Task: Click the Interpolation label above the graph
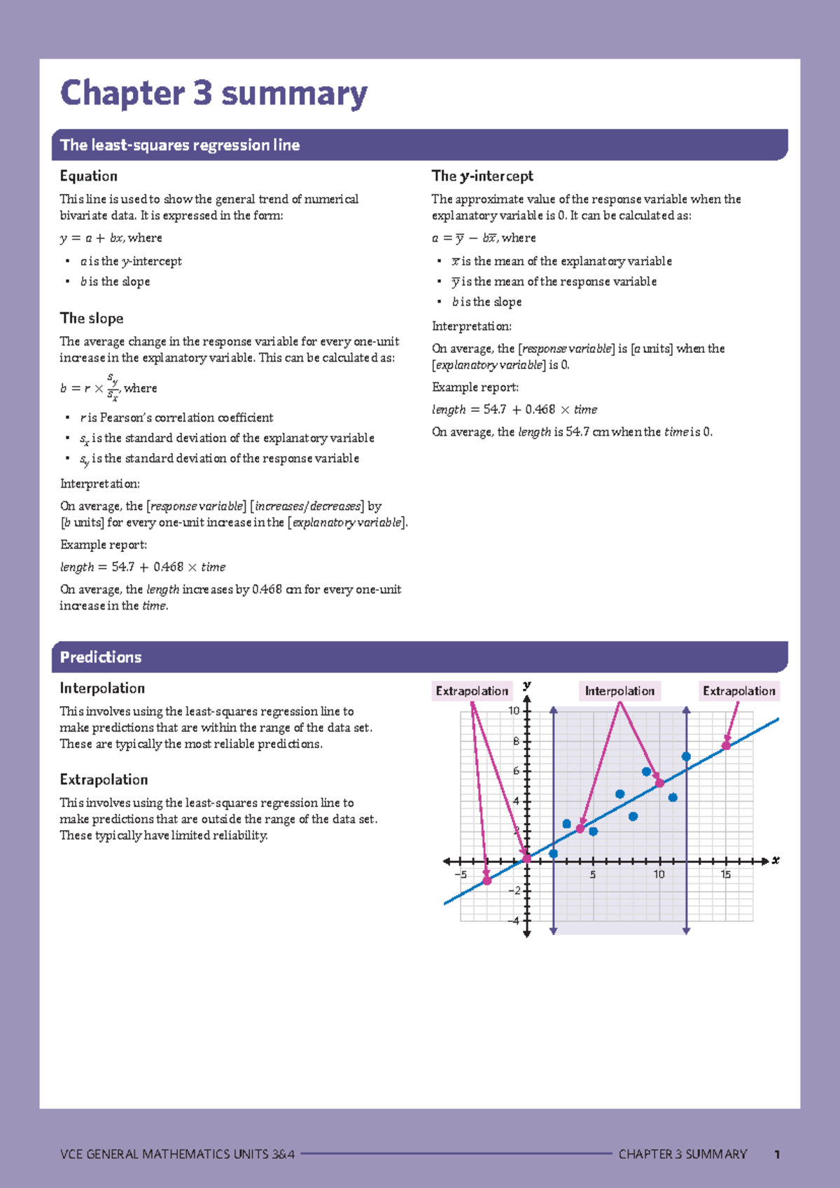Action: [x=619, y=691]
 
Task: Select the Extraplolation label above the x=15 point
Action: [x=738, y=691]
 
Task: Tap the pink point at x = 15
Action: [x=726, y=745]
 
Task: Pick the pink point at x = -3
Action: [x=487, y=880]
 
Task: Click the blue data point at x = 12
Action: [x=686, y=757]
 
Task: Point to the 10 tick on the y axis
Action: [x=514, y=711]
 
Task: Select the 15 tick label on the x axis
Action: [x=726, y=874]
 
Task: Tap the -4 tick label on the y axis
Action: [x=514, y=920]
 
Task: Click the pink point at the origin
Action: [x=527, y=858]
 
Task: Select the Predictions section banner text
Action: [x=101, y=657]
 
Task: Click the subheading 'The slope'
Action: [x=92, y=318]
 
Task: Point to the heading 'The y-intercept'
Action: [x=482, y=176]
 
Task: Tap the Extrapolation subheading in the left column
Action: [x=104, y=780]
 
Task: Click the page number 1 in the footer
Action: [x=777, y=1154]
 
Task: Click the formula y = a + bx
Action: [x=92, y=238]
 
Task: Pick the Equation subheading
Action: [x=88, y=176]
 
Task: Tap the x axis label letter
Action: [x=776, y=860]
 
